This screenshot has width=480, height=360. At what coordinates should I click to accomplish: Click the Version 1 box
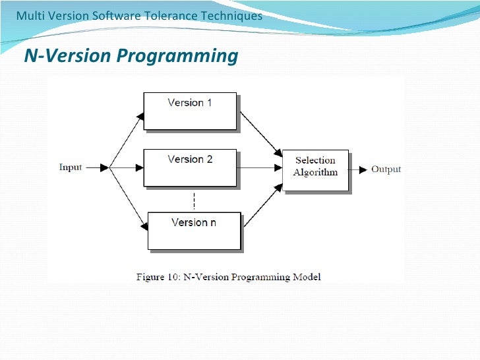[x=190, y=110]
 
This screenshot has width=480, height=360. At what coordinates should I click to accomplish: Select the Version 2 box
[x=190, y=167]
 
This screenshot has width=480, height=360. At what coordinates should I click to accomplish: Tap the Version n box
[x=194, y=231]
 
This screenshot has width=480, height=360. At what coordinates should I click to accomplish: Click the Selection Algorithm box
[x=315, y=170]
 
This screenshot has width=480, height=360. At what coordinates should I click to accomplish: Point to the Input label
[x=71, y=167]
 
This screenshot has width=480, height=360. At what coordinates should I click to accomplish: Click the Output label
[x=386, y=169]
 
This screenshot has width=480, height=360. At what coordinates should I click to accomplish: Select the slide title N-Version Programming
[x=131, y=56]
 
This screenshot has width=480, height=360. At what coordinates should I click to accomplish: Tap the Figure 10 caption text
[x=228, y=277]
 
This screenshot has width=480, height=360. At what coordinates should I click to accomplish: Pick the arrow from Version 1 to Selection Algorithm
[x=260, y=133]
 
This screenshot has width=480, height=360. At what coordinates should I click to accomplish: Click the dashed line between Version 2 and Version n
[x=194, y=200]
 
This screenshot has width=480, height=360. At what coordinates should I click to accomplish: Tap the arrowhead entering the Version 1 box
[x=139, y=117]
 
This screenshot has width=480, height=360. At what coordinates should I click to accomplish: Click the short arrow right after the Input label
[x=96, y=167]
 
